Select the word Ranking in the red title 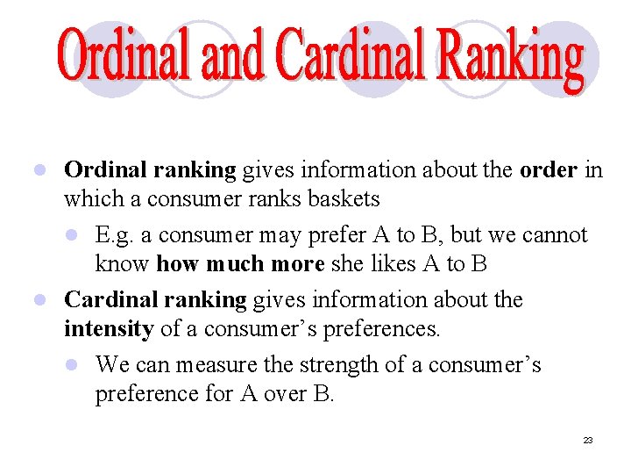[512, 60]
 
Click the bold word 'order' [547, 169]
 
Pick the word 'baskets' [344, 199]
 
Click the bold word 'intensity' [108, 330]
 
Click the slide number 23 [588, 440]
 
